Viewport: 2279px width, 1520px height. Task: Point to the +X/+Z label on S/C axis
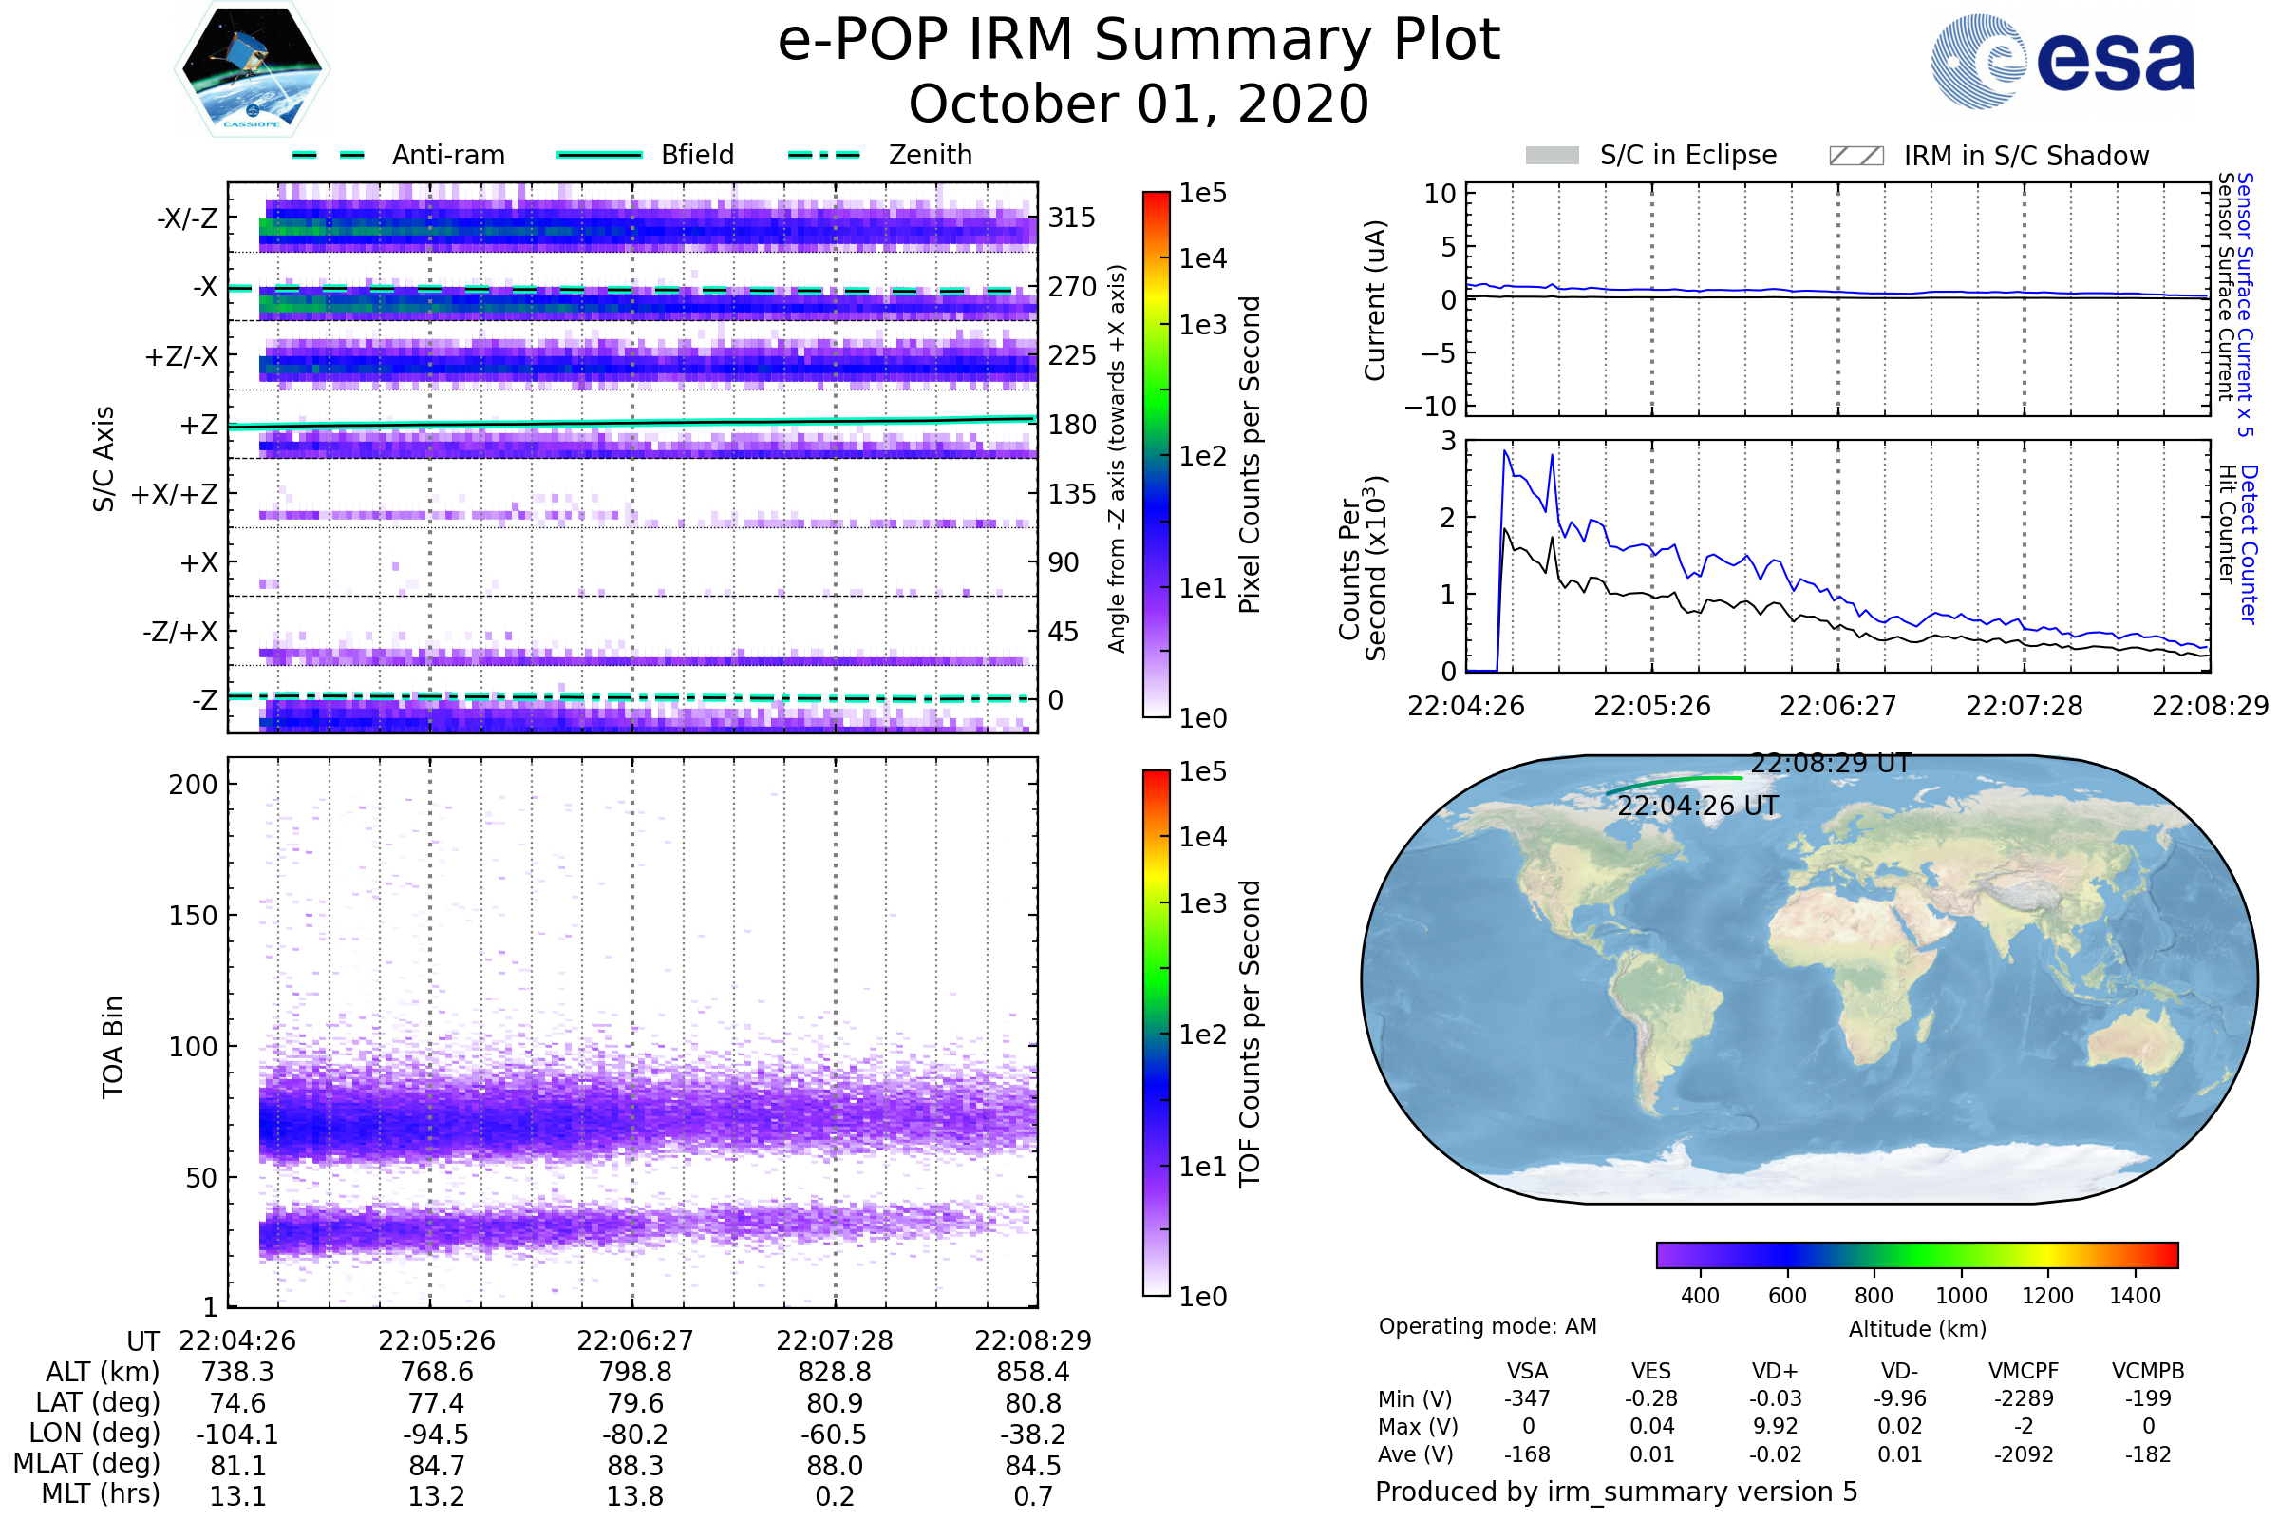(175, 494)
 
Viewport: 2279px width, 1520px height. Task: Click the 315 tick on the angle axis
(1072, 218)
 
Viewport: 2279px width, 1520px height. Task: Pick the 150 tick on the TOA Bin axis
(193, 916)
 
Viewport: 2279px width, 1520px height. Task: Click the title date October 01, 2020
(1139, 104)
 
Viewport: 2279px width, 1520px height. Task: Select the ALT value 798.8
(635, 1373)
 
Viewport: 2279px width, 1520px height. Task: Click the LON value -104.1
(237, 1434)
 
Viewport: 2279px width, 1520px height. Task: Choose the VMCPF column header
(2024, 1372)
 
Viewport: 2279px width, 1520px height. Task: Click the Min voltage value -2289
(2024, 1398)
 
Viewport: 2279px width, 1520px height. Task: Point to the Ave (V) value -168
(1527, 1455)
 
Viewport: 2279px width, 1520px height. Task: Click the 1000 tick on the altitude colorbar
(1961, 1296)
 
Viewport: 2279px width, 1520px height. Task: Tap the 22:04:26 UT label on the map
(1698, 807)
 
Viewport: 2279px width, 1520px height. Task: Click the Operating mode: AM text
(1487, 1326)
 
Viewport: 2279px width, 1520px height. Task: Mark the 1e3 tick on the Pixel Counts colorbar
(1202, 326)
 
